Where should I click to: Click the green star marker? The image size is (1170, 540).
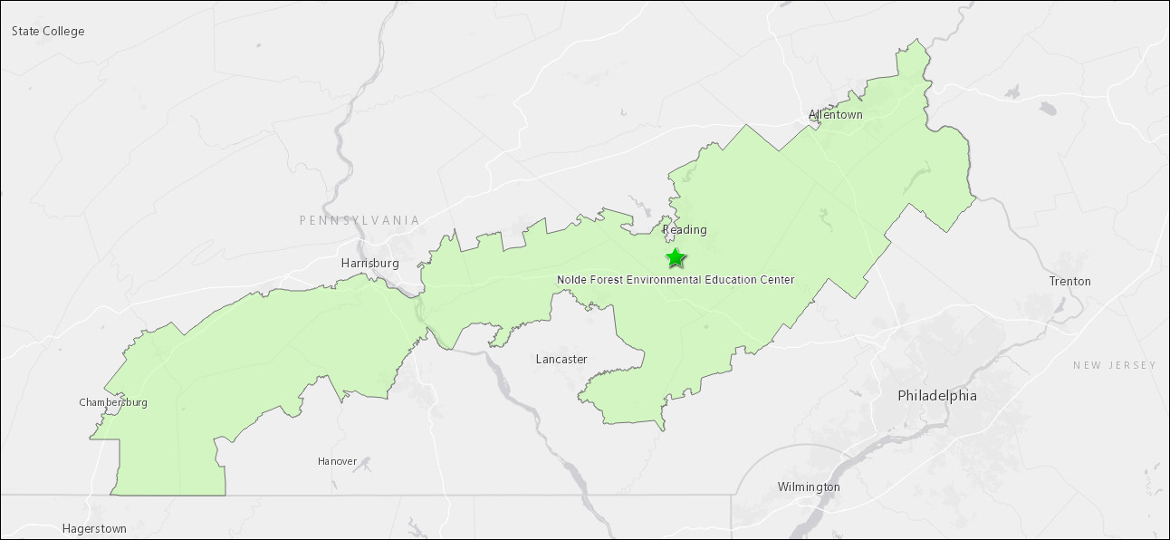[676, 258]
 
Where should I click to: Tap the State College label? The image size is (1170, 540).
[48, 32]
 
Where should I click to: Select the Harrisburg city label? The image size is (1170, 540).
[369, 264]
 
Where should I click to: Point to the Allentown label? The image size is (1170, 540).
[836, 115]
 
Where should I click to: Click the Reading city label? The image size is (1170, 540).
[685, 230]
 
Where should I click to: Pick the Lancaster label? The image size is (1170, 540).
[561, 360]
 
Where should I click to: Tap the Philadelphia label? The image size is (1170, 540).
[937, 396]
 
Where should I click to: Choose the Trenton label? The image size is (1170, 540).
[1069, 282]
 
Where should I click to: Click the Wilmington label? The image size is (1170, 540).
[809, 487]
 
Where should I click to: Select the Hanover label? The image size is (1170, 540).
[337, 462]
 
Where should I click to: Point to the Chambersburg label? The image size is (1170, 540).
[113, 403]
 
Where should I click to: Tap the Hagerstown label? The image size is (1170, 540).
[94, 529]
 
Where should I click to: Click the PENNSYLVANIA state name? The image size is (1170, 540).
[360, 221]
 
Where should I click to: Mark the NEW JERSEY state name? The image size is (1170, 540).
[1115, 365]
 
